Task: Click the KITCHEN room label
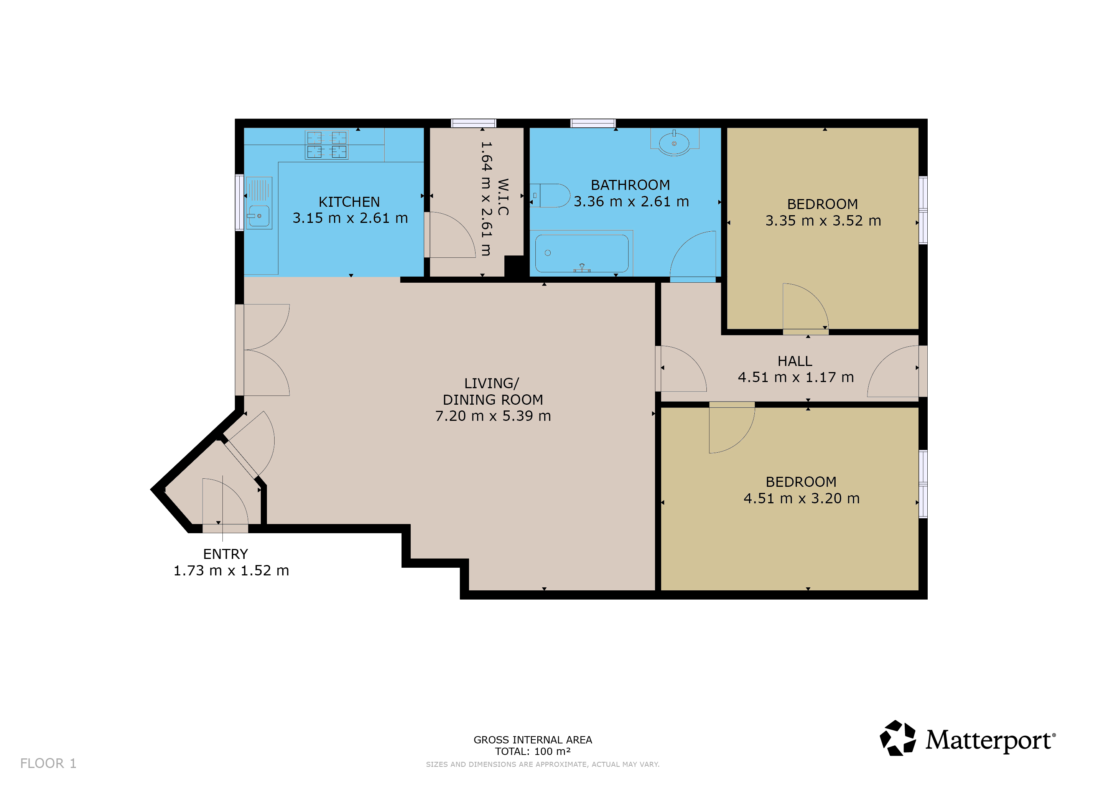pos(349,202)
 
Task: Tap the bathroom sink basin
pos(674,143)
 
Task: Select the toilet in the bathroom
pos(550,196)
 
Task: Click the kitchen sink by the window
pos(259,203)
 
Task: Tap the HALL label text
pos(795,361)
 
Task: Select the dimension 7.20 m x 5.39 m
pos(493,416)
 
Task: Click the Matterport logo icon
pos(898,738)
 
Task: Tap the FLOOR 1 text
pos(48,763)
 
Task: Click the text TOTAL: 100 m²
pos(533,751)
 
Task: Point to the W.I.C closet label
pos(503,197)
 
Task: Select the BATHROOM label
pos(630,185)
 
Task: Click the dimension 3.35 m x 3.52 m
pos(823,221)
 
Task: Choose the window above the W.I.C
pos(474,124)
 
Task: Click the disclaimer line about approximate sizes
pos(542,764)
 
